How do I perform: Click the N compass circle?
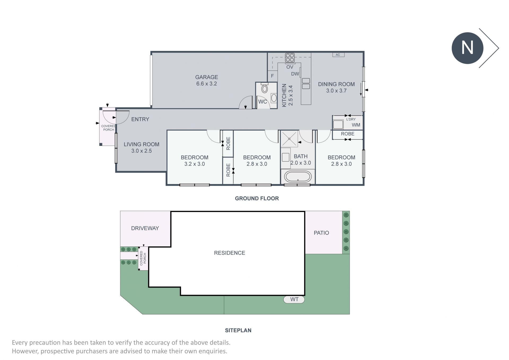[x=467, y=48]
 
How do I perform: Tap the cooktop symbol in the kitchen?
[x=290, y=58]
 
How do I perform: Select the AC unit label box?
[x=339, y=55]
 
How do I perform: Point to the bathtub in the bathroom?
[x=298, y=176]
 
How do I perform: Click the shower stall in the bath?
[x=289, y=138]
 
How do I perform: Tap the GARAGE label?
[x=207, y=77]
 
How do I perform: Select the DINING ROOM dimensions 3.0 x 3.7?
[x=336, y=91]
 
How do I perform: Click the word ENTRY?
[x=140, y=119]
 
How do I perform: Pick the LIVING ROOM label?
[x=142, y=144]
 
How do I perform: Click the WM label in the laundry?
[x=356, y=125]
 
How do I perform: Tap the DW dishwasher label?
[x=295, y=74]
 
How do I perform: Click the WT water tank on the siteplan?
[x=294, y=300]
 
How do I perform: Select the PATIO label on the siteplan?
[x=321, y=233]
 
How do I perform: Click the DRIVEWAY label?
[x=145, y=228]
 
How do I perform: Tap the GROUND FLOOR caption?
[x=257, y=198]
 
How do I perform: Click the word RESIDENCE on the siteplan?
[x=230, y=253]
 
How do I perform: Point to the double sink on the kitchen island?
[x=306, y=84]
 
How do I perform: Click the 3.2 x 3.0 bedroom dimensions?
[x=195, y=164]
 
